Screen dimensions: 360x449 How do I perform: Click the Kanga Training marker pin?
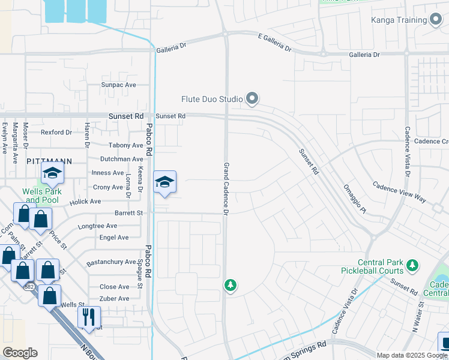(x=436, y=20)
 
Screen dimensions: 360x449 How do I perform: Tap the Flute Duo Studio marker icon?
(x=252, y=98)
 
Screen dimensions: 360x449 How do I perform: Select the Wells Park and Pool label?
(x=41, y=196)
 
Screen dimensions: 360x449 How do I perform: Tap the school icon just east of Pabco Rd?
(x=164, y=182)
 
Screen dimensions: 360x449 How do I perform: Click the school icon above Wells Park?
(x=52, y=174)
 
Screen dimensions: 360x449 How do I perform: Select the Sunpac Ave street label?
(x=119, y=85)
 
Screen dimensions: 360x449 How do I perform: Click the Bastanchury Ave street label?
(x=111, y=262)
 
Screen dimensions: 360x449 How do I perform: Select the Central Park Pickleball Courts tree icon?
(x=412, y=265)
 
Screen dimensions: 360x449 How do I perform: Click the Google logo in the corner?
(x=20, y=353)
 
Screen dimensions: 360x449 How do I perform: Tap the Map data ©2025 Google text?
(x=412, y=355)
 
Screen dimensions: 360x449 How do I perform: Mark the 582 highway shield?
(x=29, y=287)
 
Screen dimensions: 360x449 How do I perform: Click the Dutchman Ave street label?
(x=121, y=159)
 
